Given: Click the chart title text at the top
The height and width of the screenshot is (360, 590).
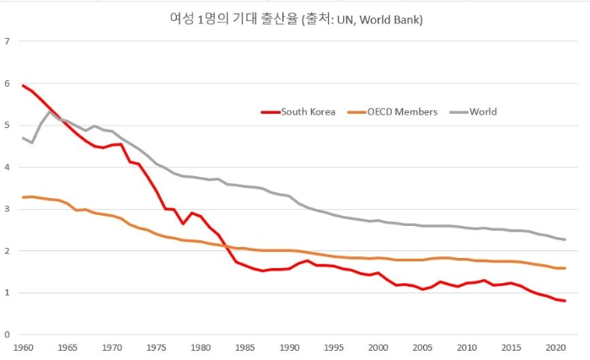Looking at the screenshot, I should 295,19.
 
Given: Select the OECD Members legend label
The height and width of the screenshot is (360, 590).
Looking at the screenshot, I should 402,111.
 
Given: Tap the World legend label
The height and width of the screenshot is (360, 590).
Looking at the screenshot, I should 483,111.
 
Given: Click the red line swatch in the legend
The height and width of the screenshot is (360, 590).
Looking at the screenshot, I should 269,111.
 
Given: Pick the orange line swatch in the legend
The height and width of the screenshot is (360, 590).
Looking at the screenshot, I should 355,111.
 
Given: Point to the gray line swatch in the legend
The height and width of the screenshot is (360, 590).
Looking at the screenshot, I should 457,111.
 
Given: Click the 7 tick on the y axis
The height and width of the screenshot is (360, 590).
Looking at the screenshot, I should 8,41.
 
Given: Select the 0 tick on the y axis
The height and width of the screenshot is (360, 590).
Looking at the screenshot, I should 8,335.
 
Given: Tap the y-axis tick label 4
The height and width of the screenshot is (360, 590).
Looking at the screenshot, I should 8,167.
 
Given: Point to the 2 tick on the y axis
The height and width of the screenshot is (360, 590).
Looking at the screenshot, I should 8,251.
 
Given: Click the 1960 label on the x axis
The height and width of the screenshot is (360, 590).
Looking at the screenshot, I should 22,347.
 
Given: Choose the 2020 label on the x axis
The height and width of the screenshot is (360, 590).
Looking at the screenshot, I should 555,347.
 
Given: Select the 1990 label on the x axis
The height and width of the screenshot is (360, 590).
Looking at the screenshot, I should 288,347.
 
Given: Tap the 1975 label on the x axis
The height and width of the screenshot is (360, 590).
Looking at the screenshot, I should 155,347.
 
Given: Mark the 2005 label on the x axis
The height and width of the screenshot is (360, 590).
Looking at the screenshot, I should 421,347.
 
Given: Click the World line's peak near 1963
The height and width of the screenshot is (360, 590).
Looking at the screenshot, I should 50,111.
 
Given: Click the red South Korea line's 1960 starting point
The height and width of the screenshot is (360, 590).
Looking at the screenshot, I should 23,85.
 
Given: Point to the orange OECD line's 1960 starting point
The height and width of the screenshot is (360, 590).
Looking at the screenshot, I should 23,197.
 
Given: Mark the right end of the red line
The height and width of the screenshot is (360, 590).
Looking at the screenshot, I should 565,301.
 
